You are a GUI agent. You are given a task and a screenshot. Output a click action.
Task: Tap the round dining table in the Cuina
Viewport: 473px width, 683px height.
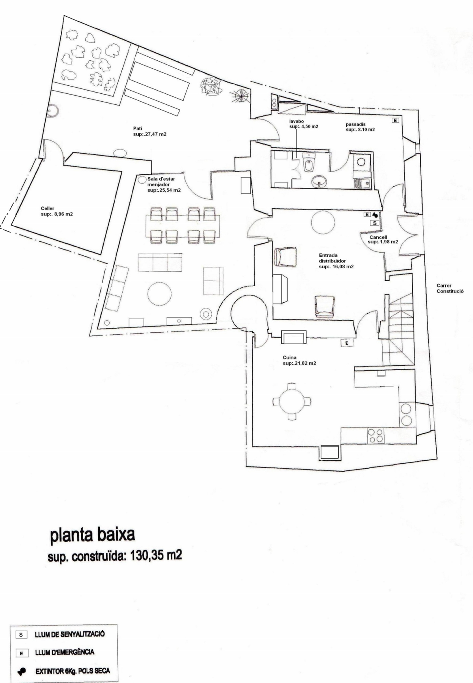pyautogui.click(x=292, y=401)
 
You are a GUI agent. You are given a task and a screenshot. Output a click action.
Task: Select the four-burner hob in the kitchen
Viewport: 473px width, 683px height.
pyautogui.click(x=376, y=435)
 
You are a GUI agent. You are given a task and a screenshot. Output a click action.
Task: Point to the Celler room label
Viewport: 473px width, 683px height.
pyautogui.click(x=47, y=208)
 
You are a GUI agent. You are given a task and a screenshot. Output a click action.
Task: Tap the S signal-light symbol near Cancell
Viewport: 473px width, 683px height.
pyautogui.click(x=375, y=223)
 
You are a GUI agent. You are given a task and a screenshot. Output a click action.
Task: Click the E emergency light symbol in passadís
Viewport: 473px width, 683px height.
pyautogui.click(x=395, y=121)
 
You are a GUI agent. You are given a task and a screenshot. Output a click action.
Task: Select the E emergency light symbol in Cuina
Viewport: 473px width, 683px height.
pyautogui.click(x=347, y=343)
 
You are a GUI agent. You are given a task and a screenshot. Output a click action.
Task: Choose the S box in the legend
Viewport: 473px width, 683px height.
pyautogui.click(x=21, y=634)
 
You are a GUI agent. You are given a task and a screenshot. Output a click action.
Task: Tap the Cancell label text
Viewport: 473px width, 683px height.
pyautogui.click(x=378, y=237)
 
